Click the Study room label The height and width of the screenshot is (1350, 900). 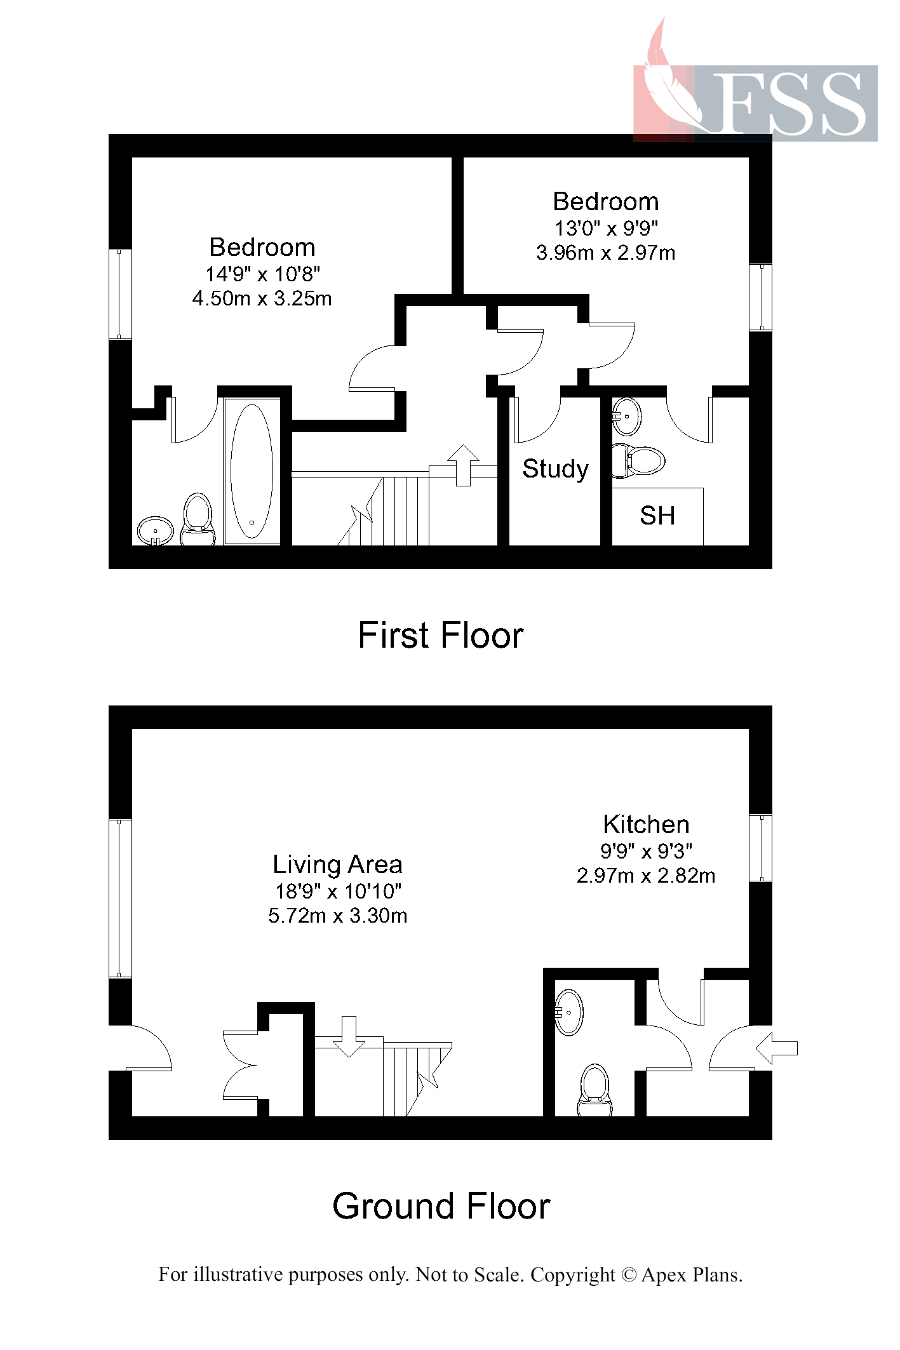click(x=555, y=469)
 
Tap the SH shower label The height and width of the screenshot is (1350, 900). click(x=657, y=516)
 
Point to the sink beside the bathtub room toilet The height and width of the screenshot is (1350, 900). click(x=155, y=530)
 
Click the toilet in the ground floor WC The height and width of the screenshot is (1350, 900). click(x=595, y=1090)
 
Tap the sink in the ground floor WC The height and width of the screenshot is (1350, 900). click(x=569, y=1012)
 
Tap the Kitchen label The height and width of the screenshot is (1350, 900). click(x=646, y=824)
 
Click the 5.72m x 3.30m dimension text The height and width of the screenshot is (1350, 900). click(x=337, y=916)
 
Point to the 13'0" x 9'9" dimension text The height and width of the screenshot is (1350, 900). click(x=606, y=228)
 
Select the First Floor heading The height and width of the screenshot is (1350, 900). click(x=440, y=635)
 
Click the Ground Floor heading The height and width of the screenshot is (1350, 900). click(x=441, y=1206)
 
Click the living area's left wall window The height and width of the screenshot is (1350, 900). click(x=119, y=898)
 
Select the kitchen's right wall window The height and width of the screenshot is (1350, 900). click(x=760, y=848)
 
